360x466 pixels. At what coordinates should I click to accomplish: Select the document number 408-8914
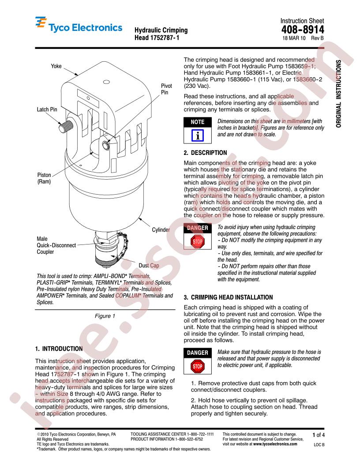302,30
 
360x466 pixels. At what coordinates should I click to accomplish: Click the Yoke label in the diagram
56,66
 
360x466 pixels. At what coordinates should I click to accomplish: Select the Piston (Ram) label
45,178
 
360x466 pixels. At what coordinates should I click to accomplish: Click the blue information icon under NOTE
197,134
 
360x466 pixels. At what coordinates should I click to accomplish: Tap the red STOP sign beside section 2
197,241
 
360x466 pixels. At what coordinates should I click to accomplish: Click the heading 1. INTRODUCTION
59,349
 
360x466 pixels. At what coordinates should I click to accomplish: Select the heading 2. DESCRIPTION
205,153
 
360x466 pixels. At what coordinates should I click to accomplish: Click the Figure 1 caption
105,316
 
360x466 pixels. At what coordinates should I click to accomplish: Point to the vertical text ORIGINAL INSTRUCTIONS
339,93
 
